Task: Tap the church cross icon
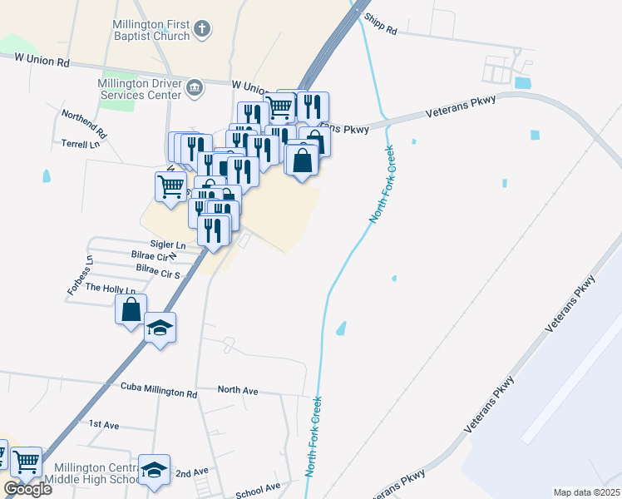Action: [202, 31]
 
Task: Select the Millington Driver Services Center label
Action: [139, 89]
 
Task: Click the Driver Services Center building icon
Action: [195, 88]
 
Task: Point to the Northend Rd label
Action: [85, 122]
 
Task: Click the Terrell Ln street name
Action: [80, 144]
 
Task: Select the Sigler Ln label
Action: [168, 245]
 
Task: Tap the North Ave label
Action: [238, 389]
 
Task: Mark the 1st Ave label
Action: [104, 424]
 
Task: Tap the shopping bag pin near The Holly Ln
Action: [131, 310]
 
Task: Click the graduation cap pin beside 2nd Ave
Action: [155, 471]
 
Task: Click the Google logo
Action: [27, 489]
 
